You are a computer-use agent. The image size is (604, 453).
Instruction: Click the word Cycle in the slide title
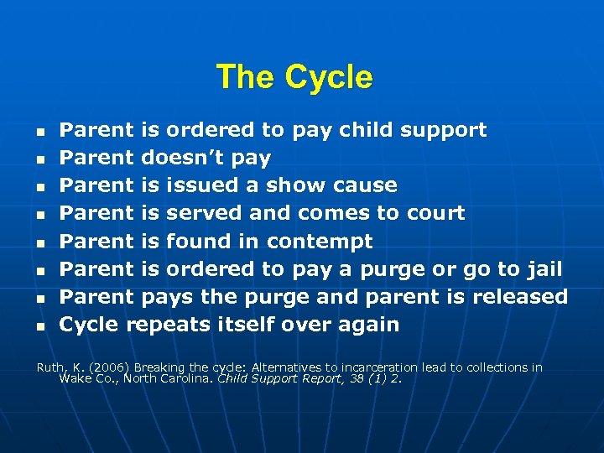click(x=328, y=77)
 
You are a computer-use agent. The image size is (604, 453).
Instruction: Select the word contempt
click(x=320, y=242)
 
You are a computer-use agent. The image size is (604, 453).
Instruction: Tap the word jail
click(x=542, y=269)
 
